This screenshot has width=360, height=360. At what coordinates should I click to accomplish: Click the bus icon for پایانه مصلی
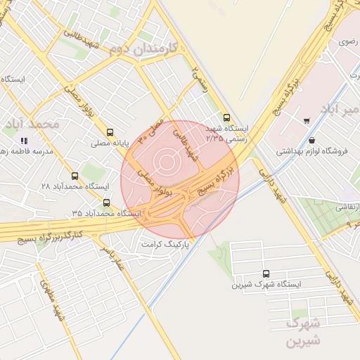(110, 132)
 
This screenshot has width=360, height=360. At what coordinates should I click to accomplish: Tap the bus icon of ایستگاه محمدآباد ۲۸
(75, 176)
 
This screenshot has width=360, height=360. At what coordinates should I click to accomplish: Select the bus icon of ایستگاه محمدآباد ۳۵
(106, 202)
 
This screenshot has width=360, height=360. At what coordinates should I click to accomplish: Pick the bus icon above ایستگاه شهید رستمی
(226, 118)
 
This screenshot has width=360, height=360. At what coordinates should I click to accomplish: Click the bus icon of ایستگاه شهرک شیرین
(266, 274)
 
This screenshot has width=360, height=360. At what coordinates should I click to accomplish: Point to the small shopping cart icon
(307, 120)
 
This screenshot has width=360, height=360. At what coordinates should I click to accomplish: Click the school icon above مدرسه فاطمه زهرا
(24, 140)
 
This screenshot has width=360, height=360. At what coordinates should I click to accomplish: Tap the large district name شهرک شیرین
(304, 332)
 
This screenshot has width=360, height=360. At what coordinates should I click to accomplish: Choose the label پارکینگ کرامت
(168, 244)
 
